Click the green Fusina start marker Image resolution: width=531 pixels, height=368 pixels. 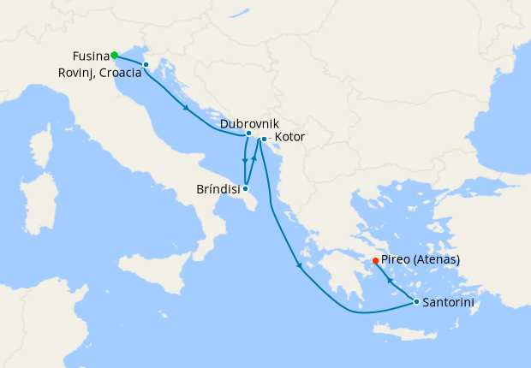click(114, 56)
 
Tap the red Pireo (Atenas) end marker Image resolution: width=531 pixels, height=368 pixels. click(375, 261)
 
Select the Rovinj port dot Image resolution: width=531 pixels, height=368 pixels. click(146, 65)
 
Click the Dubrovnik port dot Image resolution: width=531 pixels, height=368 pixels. click(248, 134)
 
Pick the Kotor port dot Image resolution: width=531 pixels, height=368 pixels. click(264, 139)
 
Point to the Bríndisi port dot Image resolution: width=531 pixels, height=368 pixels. click(246, 188)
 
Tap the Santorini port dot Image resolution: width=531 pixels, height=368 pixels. click(416, 301)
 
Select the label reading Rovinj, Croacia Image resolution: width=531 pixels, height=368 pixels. click(99, 74)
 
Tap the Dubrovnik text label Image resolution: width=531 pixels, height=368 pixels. click(249, 123)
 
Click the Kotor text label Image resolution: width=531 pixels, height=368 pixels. click(289, 137)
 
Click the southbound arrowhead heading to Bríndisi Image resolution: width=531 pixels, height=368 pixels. click(245, 160)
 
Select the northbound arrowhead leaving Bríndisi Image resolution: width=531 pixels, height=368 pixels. click(254, 159)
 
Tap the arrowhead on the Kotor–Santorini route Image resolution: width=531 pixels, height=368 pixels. click(300, 266)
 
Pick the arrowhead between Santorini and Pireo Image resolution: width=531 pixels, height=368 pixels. click(391, 280)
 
